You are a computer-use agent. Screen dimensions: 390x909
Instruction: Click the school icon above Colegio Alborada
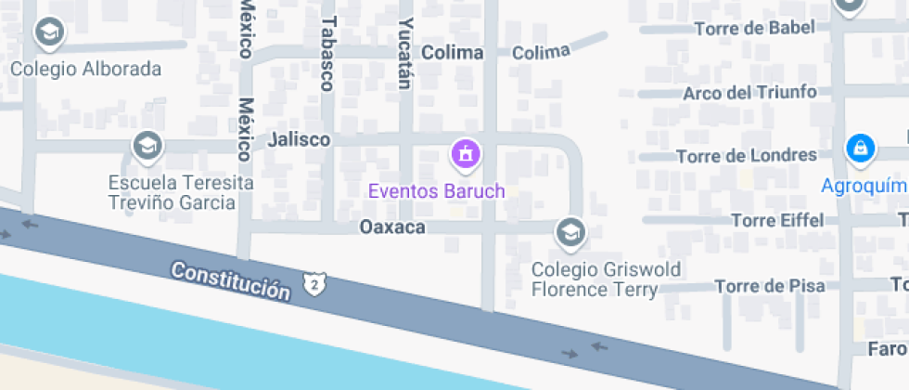tap(48, 34)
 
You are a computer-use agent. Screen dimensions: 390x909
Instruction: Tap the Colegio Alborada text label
tap(85, 69)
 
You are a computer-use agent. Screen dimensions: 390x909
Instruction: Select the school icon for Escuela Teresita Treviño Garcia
tap(147, 146)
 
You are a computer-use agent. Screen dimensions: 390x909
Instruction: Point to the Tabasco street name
tap(326, 54)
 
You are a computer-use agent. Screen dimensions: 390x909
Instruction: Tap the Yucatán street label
tap(404, 53)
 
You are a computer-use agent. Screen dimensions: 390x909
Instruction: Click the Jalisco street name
tap(299, 139)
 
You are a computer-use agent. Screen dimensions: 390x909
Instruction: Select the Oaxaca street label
tap(391, 227)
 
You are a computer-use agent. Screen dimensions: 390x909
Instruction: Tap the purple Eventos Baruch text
tap(436, 192)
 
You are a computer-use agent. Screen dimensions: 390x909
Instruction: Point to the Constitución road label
tap(231, 279)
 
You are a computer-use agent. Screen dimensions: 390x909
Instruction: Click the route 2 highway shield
tap(316, 282)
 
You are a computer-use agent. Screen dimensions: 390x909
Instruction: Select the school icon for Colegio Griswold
tap(570, 233)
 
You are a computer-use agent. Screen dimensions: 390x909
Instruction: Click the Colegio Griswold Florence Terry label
tap(606, 279)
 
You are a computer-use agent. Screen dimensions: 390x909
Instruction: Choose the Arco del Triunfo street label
tap(749, 92)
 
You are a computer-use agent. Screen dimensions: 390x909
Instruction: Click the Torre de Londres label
tap(746, 155)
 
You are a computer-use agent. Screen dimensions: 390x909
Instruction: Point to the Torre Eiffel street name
tap(777, 220)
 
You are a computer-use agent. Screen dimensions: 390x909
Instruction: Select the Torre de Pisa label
tap(769, 285)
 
